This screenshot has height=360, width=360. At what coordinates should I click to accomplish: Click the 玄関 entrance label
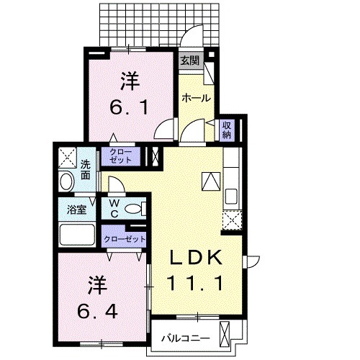[189, 60]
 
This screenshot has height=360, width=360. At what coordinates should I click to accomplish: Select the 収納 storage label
[226, 130]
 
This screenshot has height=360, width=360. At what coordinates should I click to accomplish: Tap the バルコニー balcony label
[184, 337]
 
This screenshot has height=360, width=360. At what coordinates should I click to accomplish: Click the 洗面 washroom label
[86, 168]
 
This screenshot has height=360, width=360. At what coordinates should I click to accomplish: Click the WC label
[114, 209]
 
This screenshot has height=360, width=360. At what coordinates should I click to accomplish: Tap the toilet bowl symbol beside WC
[133, 210]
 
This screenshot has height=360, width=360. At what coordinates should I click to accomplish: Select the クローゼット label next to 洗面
[121, 156]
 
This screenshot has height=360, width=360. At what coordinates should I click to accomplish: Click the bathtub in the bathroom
[77, 235]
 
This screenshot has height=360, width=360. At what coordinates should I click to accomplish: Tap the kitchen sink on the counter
[232, 196]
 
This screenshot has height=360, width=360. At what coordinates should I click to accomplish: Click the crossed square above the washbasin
[67, 156]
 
